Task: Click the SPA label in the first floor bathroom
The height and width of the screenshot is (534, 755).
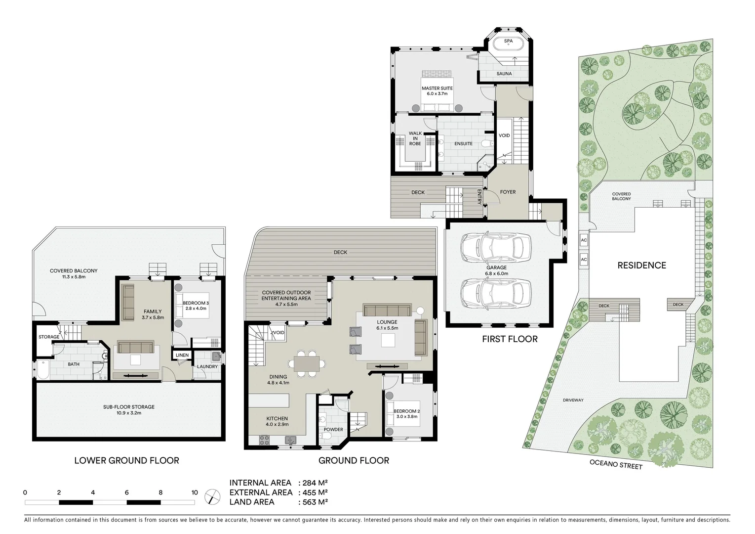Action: tap(508, 41)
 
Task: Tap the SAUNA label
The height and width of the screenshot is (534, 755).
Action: tap(504, 74)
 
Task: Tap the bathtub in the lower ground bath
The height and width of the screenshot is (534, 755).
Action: tap(43, 370)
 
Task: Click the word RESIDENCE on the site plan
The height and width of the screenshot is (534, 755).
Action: tap(641, 266)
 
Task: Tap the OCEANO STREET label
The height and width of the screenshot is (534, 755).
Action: tap(616, 465)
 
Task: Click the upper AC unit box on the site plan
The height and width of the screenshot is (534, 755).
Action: tap(584, 240)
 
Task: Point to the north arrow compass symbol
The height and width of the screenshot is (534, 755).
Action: tap(212, 496)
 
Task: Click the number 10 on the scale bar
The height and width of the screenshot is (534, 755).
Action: tap(195, 492)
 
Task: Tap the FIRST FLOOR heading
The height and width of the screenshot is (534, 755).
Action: tap(510, 339)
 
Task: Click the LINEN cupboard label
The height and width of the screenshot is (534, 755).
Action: tap(182, 356)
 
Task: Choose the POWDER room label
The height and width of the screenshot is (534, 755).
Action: tap(333, 430)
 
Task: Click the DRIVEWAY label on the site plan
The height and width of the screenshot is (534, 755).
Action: tap(573, 400)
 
